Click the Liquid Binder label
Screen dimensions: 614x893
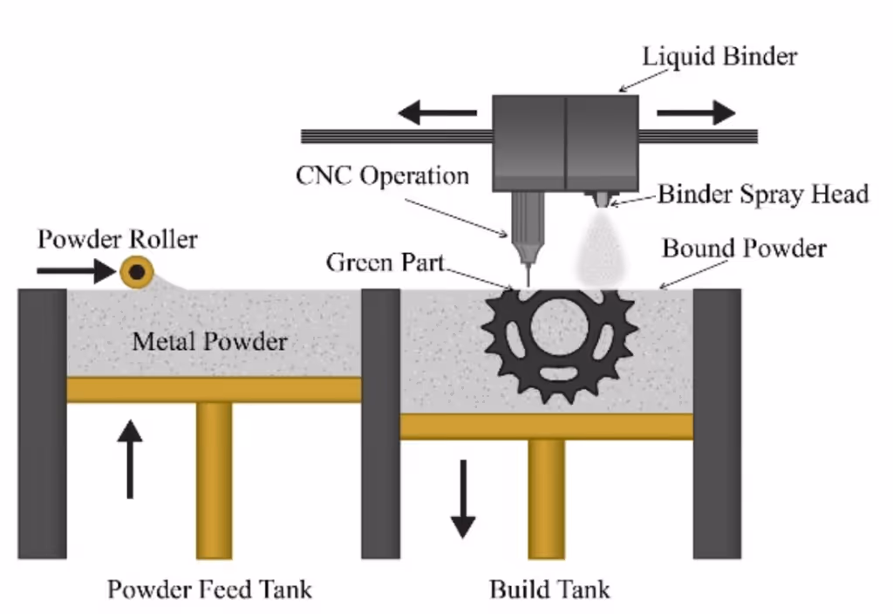pos(719,58)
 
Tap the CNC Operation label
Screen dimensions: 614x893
pos(382,175)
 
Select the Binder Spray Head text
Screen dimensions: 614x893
pos(763,194)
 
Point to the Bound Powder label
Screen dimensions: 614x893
pos(744,249)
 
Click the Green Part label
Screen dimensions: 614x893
pos(386,262)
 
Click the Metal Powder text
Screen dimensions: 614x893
pos(209,341)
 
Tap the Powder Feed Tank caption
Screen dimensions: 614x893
pos(209,589)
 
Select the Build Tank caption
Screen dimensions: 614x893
pos(549,589)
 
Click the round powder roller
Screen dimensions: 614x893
pos(137,273)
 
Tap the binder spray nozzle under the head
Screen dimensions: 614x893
pos(602,199)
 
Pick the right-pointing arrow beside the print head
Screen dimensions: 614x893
pos(696,113)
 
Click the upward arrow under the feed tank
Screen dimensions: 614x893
pos(129,458)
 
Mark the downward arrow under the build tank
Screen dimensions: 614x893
pos(463,498)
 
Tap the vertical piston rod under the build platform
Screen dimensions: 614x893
pos(547,497)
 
